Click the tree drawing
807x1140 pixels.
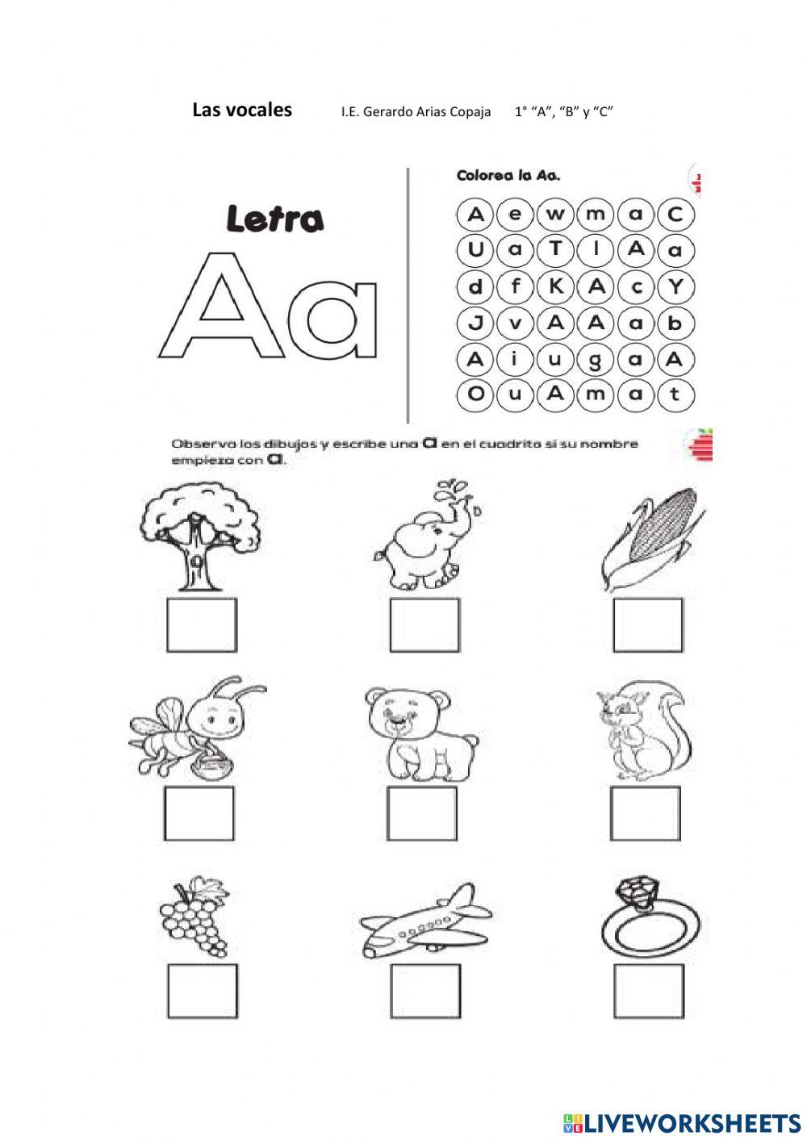click(x=200, y=532)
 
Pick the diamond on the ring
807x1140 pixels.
click(x=638, y=892)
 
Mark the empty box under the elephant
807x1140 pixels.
click(x=424, y=625)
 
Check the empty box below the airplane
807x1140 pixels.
click(x=424, y=990)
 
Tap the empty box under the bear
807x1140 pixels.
click(x=421, y=813)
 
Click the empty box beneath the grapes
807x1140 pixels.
click(x=202, y=990)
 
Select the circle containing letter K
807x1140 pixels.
click(x=555, y=286)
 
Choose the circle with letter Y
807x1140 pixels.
click(x=675, y=286)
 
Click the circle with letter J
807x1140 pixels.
click(x=475, y=323)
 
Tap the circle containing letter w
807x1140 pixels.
click(x=555, y=214)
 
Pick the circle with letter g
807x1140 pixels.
click(x=596, y=360)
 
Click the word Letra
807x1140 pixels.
click(x=274, y=219)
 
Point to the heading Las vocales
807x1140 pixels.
click(x=242, y=111)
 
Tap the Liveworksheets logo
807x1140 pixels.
click(x=682, y=1122)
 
